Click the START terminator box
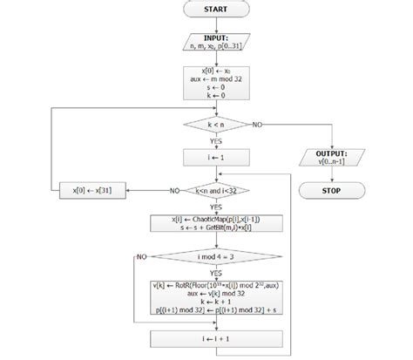(x=215, y=10)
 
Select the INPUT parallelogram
(x=215, y=42)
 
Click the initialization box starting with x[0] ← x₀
(x=215, y=84)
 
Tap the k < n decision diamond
(x=215, y=126)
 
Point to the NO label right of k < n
(x=258, y=126)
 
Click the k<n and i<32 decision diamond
(x=215, y=189)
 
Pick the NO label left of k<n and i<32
(x=174, y=189)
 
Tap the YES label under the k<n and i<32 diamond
(x=215, y=207)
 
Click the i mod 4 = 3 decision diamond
(x=215, y=257)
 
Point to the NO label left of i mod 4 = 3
(x=142, y=257)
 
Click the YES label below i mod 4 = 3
(x=215, y=274)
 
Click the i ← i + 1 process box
(x=215, y=339)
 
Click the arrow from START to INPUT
(x=215, y=24)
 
